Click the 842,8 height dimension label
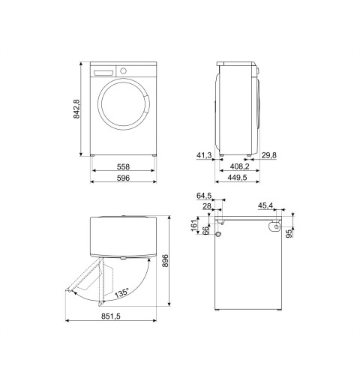pyautogui.click(x=76, y=109)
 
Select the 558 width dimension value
pyautogui.click(x=123, y=166)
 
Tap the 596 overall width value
pyautogui.click(x=123, y=178)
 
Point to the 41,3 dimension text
pyautogui.click(x=204, y=155)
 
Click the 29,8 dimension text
pyautogui.click(x=269, y=155)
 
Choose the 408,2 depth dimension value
pyautogui.click(x=239, y=166)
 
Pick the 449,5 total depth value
pyautogui.click(x=237, y=177)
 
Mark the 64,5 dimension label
pyautogui.click(x=204, y=196)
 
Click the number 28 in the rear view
pyautogui.click(x=207, y=206)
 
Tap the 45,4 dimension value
pyautogui.click(x=265, y=205)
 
